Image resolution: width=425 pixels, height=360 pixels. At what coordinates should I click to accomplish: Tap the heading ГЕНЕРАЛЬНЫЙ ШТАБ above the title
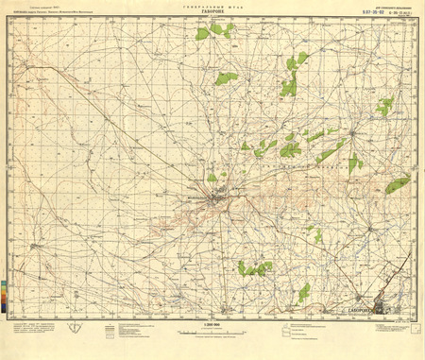[212, 6]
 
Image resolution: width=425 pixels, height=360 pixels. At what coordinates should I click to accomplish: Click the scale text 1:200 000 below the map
[212, 325]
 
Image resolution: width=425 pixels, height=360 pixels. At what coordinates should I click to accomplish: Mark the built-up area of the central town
[218, 198]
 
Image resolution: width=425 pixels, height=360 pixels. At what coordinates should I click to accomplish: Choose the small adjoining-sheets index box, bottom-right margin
[396, 332]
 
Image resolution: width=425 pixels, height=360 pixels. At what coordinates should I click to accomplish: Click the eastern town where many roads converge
[352, 133]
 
